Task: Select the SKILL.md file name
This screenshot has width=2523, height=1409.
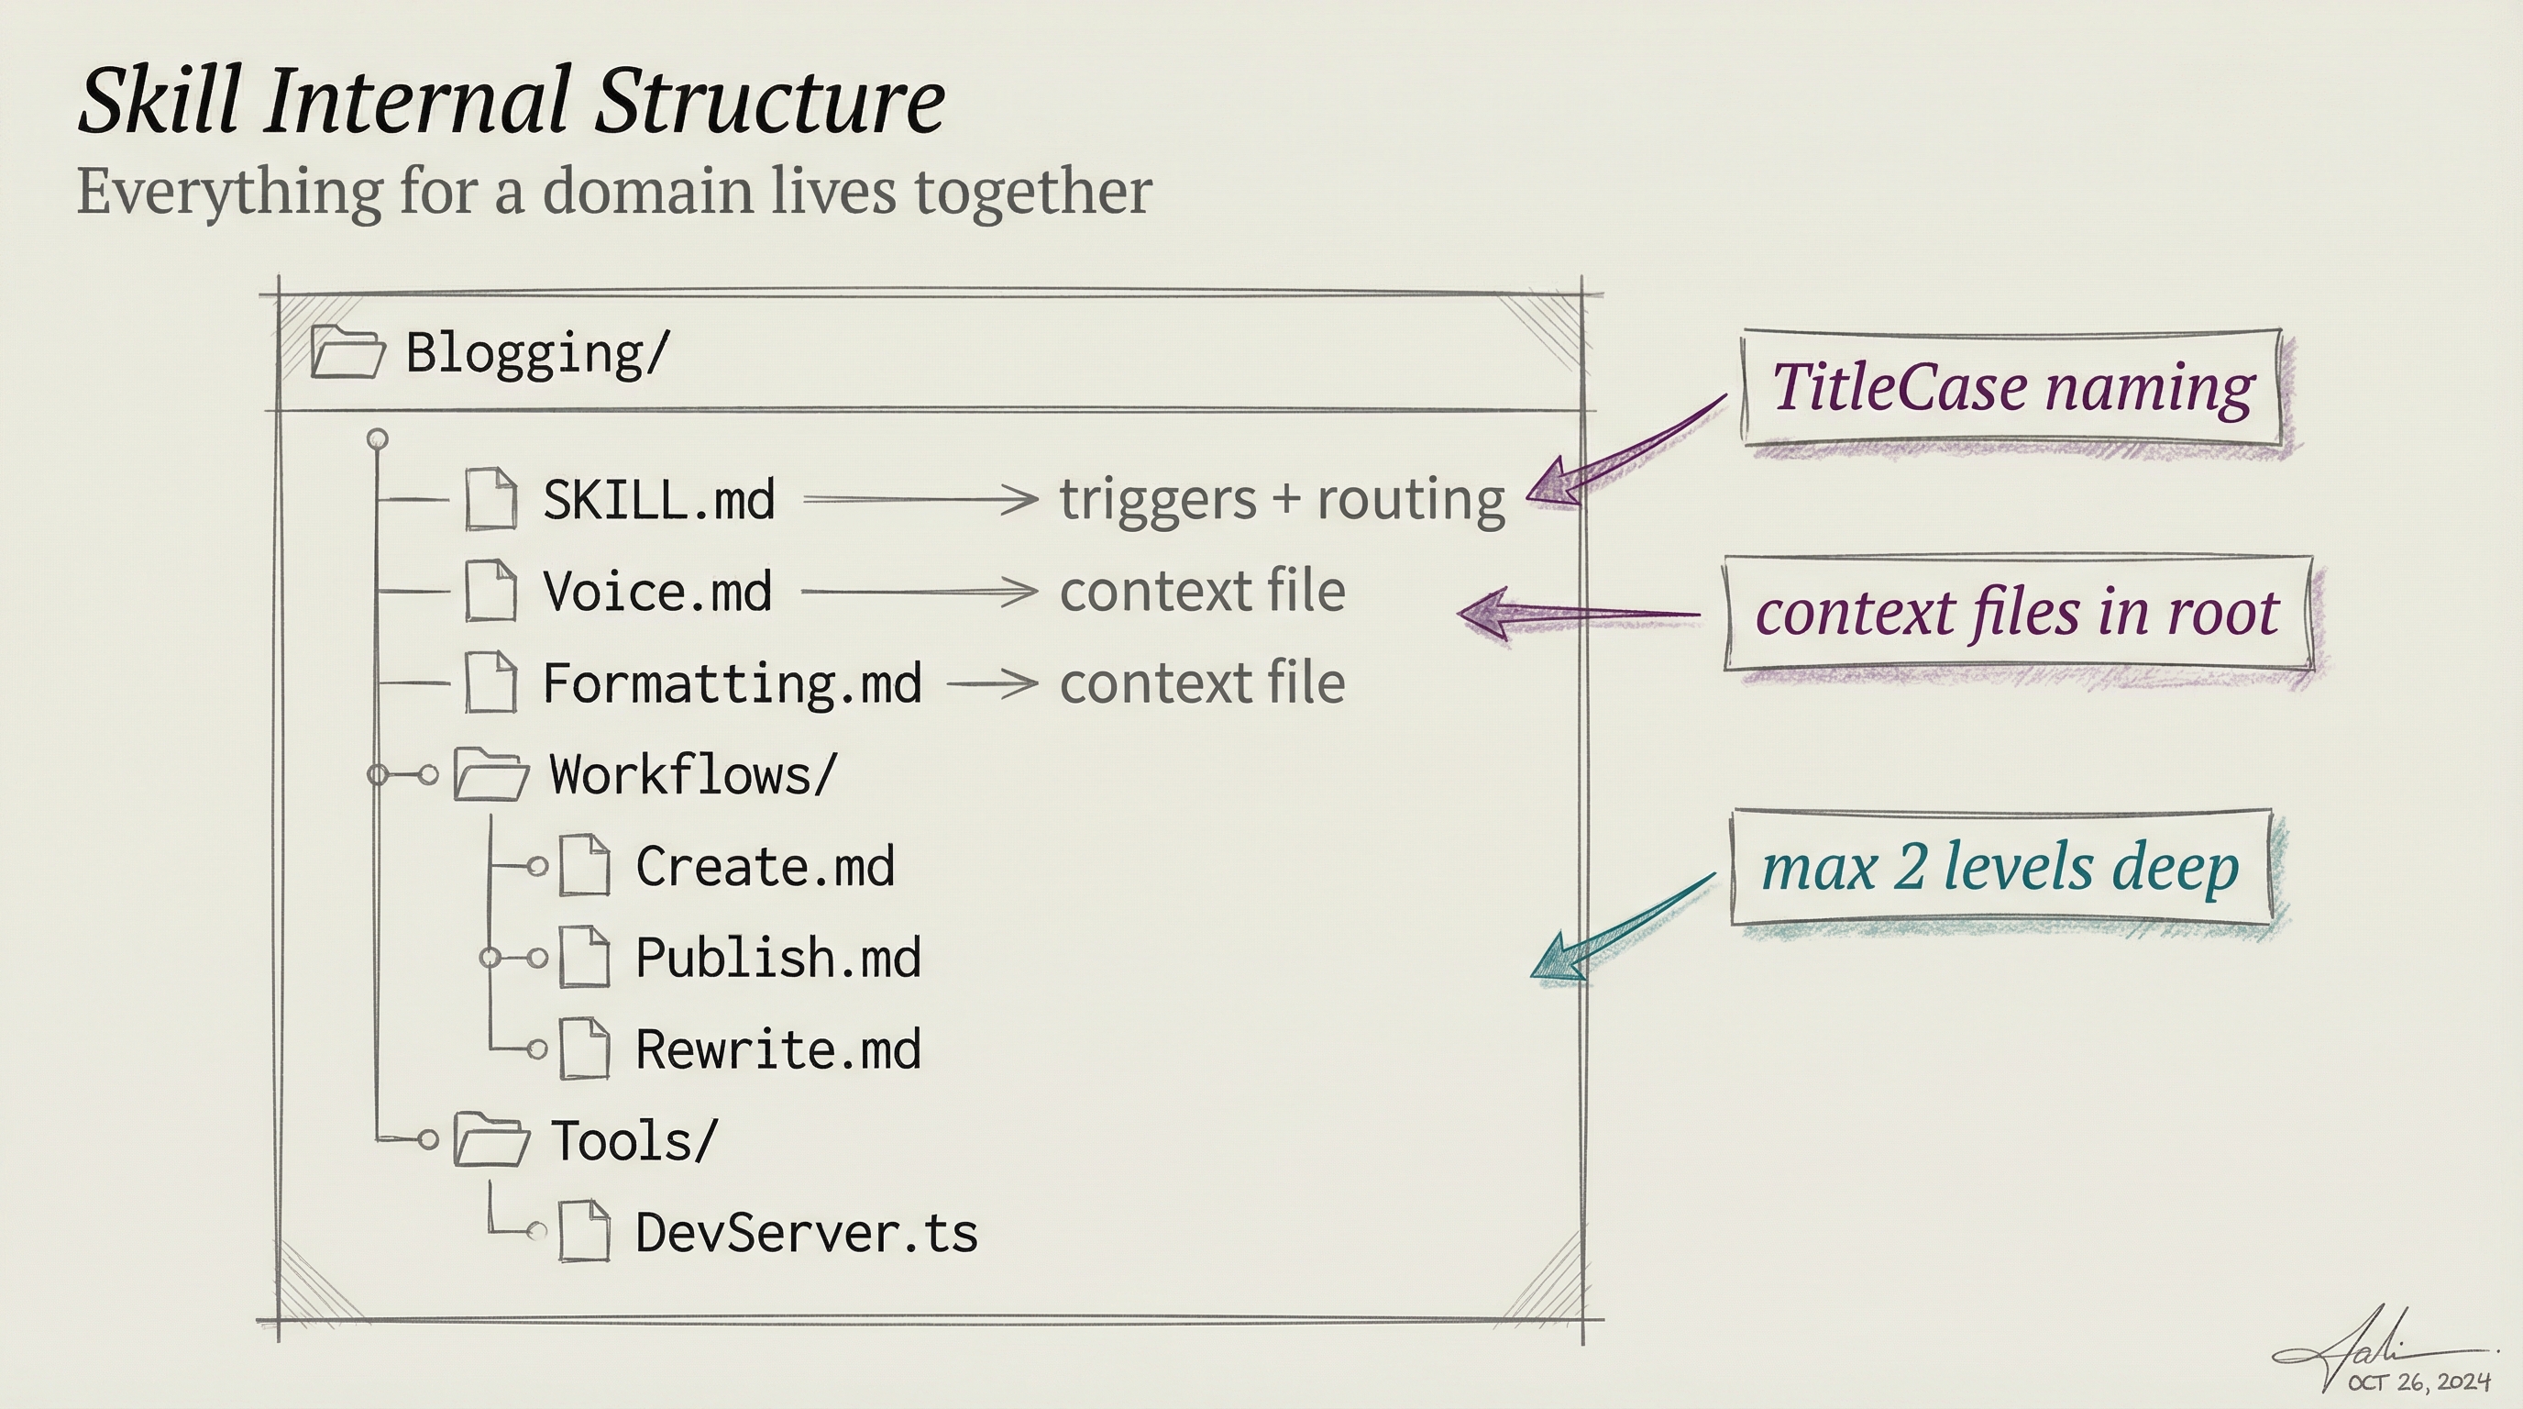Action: coord(659,501)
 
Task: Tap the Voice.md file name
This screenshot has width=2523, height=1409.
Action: coord(658,592)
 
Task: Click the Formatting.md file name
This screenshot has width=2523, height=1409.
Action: coord(733,684)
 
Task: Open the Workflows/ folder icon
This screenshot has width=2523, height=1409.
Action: coord(490,775)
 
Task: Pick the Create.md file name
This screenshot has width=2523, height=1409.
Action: coord(765,867)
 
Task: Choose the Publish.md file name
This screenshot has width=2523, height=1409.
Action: coord(778,959)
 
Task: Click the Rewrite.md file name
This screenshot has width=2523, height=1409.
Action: coord(778,1049)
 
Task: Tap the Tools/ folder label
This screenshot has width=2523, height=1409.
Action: coord(634,1141)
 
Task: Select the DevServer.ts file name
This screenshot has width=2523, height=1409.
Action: coord(807,1233)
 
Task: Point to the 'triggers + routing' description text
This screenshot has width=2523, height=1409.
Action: coord(1282,501)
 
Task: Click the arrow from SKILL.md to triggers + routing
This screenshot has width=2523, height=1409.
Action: coord(920,500)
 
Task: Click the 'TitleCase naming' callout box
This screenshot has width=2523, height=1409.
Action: coord(2011,388)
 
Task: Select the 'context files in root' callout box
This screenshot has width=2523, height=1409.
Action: coord(2018,614)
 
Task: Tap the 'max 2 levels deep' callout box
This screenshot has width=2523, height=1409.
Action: coord(2001,867)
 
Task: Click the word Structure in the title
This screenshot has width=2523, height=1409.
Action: coord(770,100)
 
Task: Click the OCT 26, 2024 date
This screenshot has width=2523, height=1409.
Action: coord(2419,1381)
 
